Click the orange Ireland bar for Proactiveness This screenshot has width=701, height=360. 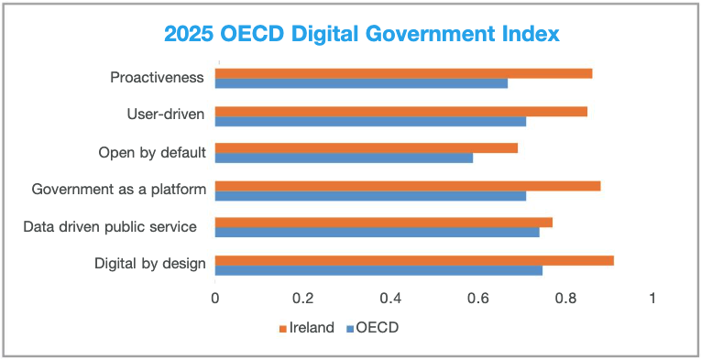coord(404,73)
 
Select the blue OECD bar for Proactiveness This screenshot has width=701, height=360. coord(361,83)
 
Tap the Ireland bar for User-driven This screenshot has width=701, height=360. coord(401,111)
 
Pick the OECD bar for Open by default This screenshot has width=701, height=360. coord(344,158)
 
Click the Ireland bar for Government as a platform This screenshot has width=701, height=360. coord(408,186)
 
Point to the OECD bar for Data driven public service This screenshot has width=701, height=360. coord(378,233)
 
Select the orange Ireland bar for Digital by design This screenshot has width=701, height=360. coord(414,260)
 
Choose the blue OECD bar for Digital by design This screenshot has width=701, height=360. coord(378,270)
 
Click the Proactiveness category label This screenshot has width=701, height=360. coord(158,78)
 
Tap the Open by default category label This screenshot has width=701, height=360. coord(152,153)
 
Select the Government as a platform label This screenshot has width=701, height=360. coord(119,190)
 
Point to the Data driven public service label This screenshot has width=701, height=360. coord(110,227)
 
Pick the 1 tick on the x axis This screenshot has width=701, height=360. coord(652,299)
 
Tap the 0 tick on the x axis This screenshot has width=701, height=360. coord(215,299)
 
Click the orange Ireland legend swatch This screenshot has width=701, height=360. coord(282,329)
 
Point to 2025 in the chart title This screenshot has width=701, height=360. coord(189,35)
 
